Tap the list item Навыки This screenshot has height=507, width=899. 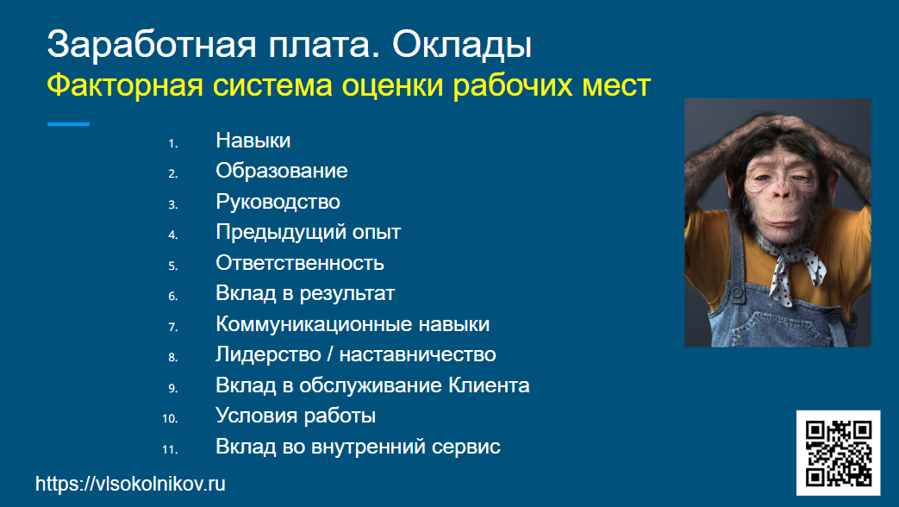pos(253,141)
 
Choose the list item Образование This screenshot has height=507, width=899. pos(282,171)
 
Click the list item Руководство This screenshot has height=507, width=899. pos(278,202)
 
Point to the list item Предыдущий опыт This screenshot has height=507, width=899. pos(308,232)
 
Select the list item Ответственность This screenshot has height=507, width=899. pos(299,263)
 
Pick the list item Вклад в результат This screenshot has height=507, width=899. pos(305,293)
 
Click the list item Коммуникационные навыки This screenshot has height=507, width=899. pos(353,324)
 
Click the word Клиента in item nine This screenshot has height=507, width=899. pos(489,385)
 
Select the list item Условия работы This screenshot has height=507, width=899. pos(296,416)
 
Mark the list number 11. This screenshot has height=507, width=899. pos(169,449)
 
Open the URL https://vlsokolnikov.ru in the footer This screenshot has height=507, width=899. pos(130,485)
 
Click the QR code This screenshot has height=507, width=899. pos(838,453)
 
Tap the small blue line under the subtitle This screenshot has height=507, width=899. pos(68,124)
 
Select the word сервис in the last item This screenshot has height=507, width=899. pos(471,447)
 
